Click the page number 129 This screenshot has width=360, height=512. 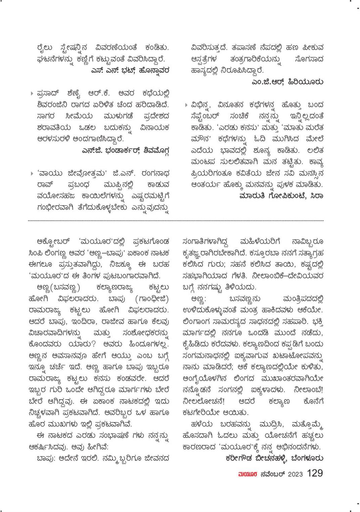click(315, 473)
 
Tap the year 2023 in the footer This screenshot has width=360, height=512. click(295, 474)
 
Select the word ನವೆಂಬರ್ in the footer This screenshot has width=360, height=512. click(272, 474)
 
